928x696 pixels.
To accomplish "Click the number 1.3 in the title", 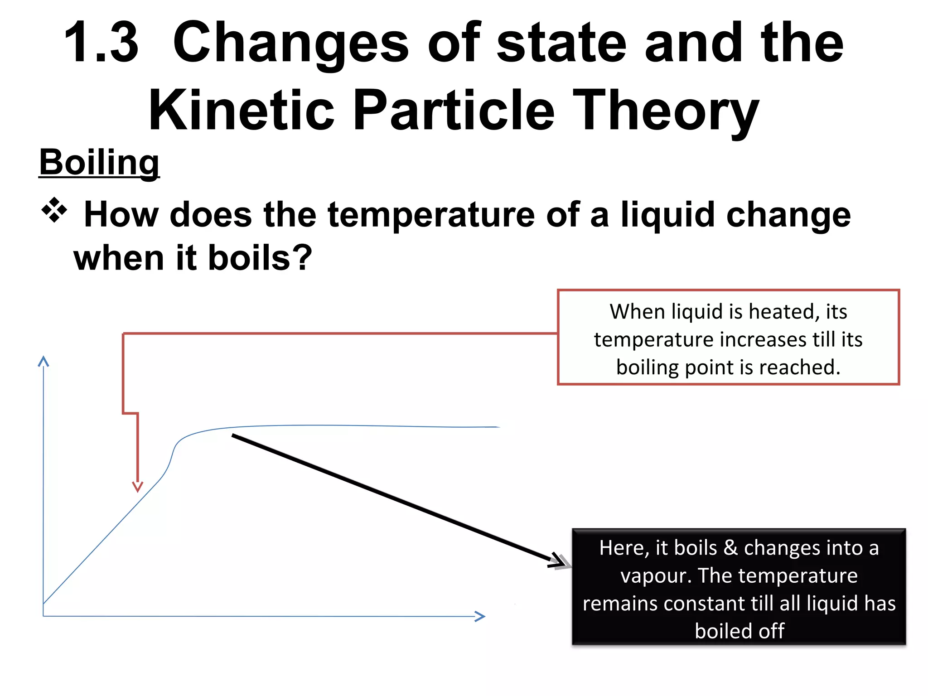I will coord(101,43).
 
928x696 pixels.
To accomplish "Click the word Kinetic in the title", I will coord(241,111).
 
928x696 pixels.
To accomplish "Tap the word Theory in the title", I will coord(666,111).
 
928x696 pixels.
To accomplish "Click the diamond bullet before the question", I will coord(54,210).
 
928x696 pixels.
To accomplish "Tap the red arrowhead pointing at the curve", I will coord(138,487).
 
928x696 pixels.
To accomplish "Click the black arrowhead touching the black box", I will coord(560,561).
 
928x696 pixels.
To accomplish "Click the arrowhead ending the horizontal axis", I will coord(480,616).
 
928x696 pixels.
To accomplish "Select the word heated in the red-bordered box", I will coord(784,312).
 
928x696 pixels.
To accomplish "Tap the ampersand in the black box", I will coord(730,548).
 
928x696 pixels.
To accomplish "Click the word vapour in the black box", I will coord(655,576).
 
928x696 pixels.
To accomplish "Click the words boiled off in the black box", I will coord(739,631).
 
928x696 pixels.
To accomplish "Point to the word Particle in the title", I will coord(453,111).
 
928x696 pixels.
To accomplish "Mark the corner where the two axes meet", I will coord(43,616).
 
